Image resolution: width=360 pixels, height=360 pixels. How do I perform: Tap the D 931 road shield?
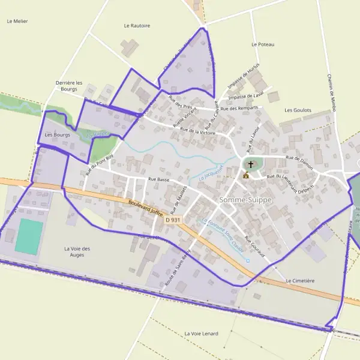click(x=173, y=220)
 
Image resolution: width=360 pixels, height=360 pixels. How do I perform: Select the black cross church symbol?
click(x=250, y=164)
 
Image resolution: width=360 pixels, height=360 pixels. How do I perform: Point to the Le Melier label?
click(x=17, y=21)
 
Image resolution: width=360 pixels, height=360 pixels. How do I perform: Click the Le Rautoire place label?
click(x=137, y=26)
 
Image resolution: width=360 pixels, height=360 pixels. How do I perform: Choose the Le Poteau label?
click(x=263, y=44)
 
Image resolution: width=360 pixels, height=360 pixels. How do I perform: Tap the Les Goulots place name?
click(x=297, y=110)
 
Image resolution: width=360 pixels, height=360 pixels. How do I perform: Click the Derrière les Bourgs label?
click(x=66, y=86)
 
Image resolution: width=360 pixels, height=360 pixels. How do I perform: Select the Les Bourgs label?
click(x=58, y=135)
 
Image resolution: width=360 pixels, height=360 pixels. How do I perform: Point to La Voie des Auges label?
click(x=77, y=251)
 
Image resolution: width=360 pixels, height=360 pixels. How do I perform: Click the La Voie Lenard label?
click(x=202, y=333)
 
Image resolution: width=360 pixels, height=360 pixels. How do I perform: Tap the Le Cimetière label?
click(x=300, y=281)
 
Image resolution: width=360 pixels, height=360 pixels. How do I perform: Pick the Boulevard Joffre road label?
click(x=146, y=208)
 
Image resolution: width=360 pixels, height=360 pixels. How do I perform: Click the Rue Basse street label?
click(x=159, y=179)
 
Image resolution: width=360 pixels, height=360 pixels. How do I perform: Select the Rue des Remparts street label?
click(x=239, y=109)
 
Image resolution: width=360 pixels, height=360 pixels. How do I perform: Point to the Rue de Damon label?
click(x=299, y=161)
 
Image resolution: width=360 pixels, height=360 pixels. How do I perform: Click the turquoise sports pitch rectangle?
click(x=29, y=236)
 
